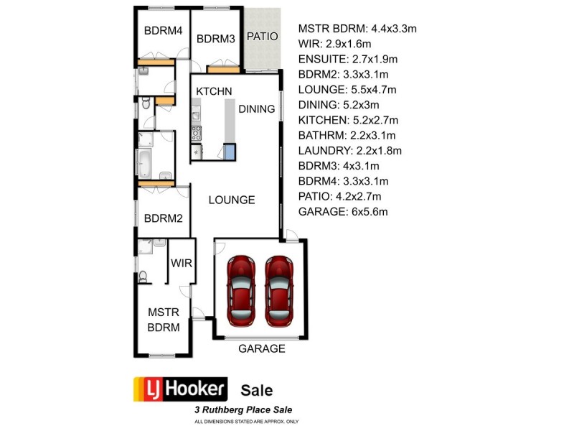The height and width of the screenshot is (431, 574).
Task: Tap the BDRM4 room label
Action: (163, 31)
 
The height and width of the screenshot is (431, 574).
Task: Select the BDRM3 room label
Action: (216, 39)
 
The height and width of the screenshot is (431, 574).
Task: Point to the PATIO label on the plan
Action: (262, 36)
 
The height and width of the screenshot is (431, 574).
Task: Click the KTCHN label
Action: (214, 91)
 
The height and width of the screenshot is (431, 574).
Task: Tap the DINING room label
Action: (256, 109)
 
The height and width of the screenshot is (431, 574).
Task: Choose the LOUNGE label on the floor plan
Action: (232, 200)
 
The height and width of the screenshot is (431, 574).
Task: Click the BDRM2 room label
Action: (163, 219)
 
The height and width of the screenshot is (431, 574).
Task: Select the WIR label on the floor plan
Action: (181, 263)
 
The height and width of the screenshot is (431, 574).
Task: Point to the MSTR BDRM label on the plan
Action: (163, 320)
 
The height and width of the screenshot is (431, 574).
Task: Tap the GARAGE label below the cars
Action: (262, 349)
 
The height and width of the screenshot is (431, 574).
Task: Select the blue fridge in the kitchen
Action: (230, 151)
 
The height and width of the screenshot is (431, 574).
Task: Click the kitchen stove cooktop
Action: (195, 132)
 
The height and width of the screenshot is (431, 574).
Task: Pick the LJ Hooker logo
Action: (182, 389)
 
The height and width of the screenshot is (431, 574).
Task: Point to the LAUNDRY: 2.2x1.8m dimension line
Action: (349, 150)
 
